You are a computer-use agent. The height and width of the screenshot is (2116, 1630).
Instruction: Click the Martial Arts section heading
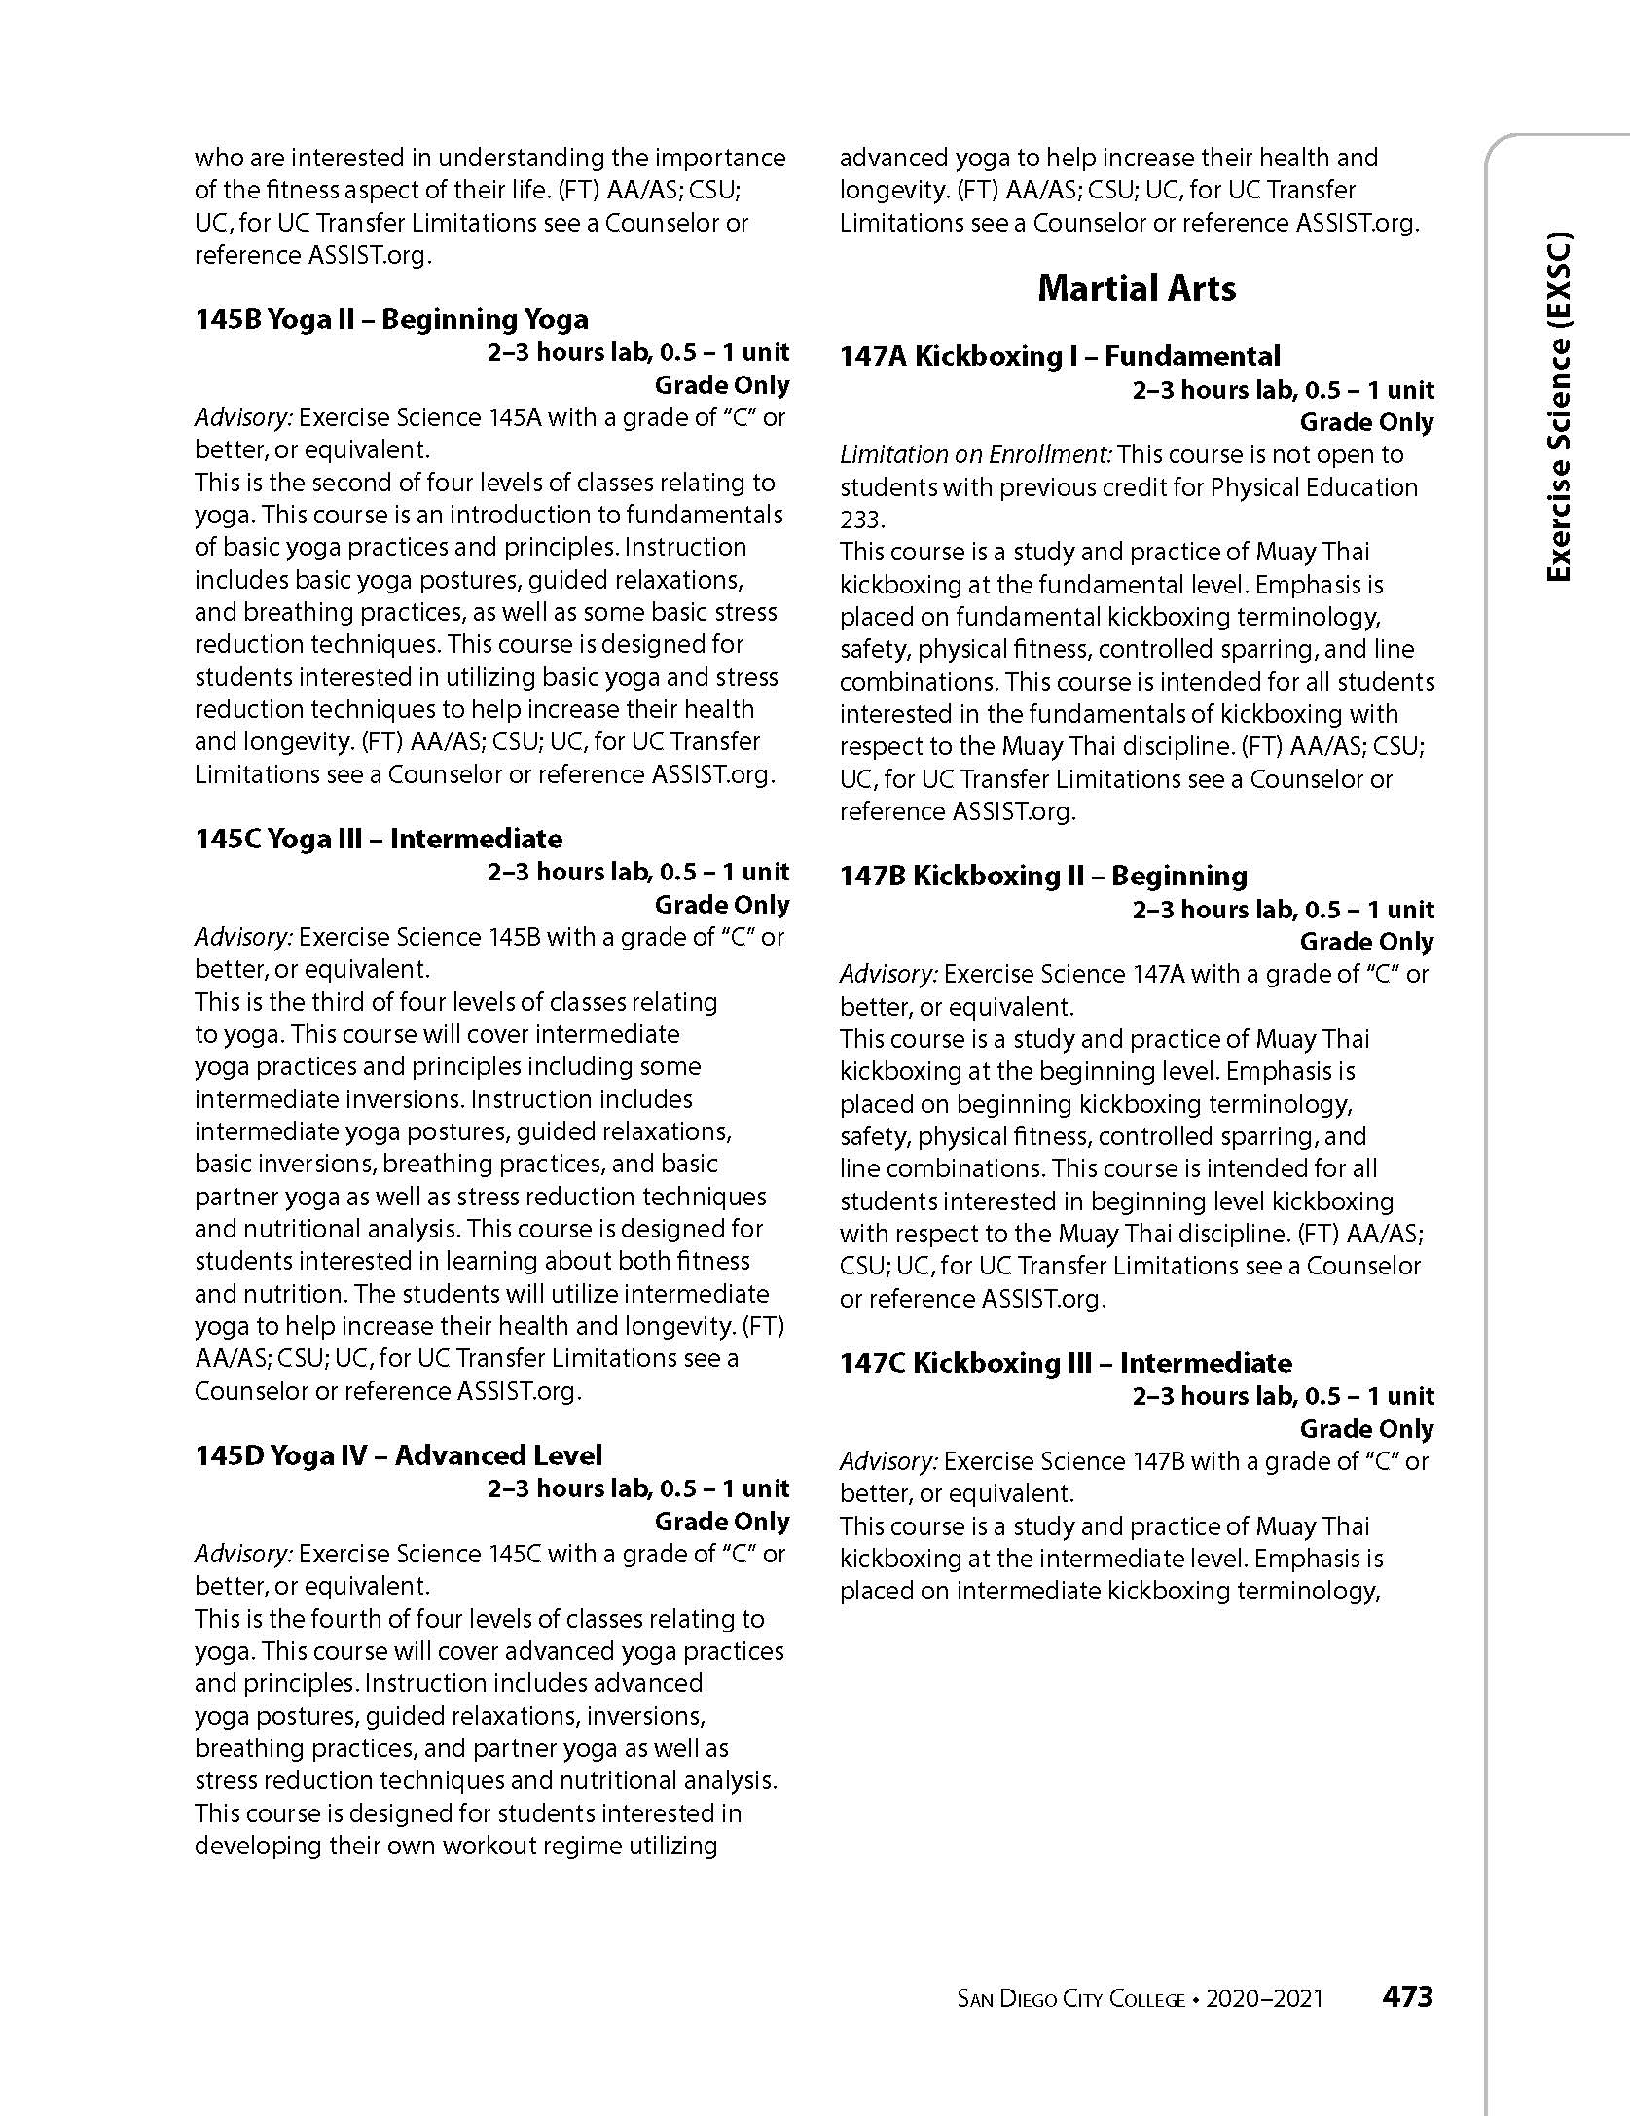pyautogui.click(x=1137, y=288)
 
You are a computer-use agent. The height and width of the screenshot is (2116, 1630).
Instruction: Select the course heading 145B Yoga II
pyautogui.click(x=391, y=319)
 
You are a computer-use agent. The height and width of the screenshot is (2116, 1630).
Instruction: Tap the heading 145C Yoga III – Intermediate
pyautogui.click(x=379, y=839)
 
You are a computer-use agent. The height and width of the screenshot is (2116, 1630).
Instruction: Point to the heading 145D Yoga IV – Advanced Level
pyautogui.click(x=398, y=1455)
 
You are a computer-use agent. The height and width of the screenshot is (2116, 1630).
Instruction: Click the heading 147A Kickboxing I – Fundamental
pyautogui.click(x=1060, y=356)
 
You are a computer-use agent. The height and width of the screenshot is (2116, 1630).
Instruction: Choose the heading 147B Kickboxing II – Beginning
pyautogui.click(x=1043, y=876)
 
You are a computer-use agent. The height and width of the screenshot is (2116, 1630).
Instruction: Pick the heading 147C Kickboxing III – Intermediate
pyautogui.click(x=1066, y=1363)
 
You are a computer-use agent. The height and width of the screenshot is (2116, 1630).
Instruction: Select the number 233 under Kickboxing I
pyautogui.click(x=860, y=520)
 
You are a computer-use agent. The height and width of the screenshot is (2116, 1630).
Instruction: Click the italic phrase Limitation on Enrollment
pyautogui.click(x=976, y=454)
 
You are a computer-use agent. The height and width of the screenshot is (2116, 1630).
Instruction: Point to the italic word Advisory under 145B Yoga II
pyautogui.click(x=243, y=417)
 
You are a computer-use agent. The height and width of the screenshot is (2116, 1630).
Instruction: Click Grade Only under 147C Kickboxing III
pyautogui.click(x=1366, y=1429)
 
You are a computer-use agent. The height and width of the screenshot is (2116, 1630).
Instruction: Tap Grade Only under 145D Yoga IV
pyautogui.click(x=721, y=1522)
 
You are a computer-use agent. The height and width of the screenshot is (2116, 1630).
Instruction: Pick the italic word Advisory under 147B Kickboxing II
pyautogui.click(x=888, y=974)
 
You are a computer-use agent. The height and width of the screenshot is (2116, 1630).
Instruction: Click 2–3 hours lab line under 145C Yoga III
pyautogui.click(x=637, y=872)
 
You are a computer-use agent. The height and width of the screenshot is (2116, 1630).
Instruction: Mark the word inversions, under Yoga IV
pyautogui.click(x=647, y=1716)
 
